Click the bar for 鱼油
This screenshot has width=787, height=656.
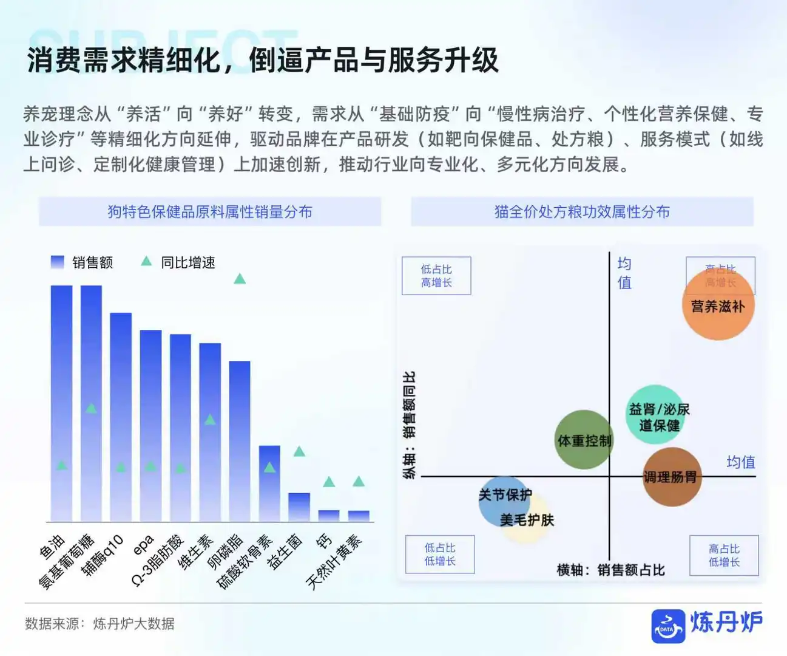pos(61,403)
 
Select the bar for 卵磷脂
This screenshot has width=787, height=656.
pos(240,441)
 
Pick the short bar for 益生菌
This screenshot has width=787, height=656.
pos(299,507)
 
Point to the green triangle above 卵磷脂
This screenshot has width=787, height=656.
pos(240,279)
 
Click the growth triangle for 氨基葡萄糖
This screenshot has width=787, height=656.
pos(91,409)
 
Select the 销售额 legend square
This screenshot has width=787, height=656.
pos(58,262)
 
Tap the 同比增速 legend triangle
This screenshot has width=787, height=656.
pos(146,262)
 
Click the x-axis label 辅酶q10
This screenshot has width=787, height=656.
pos(103,555)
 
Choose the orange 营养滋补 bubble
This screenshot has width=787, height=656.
pos(718,306)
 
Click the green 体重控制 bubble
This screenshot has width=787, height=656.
pos(584,440)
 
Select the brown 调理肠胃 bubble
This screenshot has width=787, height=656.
pos(670,477)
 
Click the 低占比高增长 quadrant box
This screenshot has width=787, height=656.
pos(436,276)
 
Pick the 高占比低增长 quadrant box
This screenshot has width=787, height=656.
pos(724,555)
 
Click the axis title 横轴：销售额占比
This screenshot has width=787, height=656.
pos(610,570)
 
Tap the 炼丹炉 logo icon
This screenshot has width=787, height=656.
pos(668,626)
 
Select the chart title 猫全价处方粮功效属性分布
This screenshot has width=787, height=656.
pos(582,212)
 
